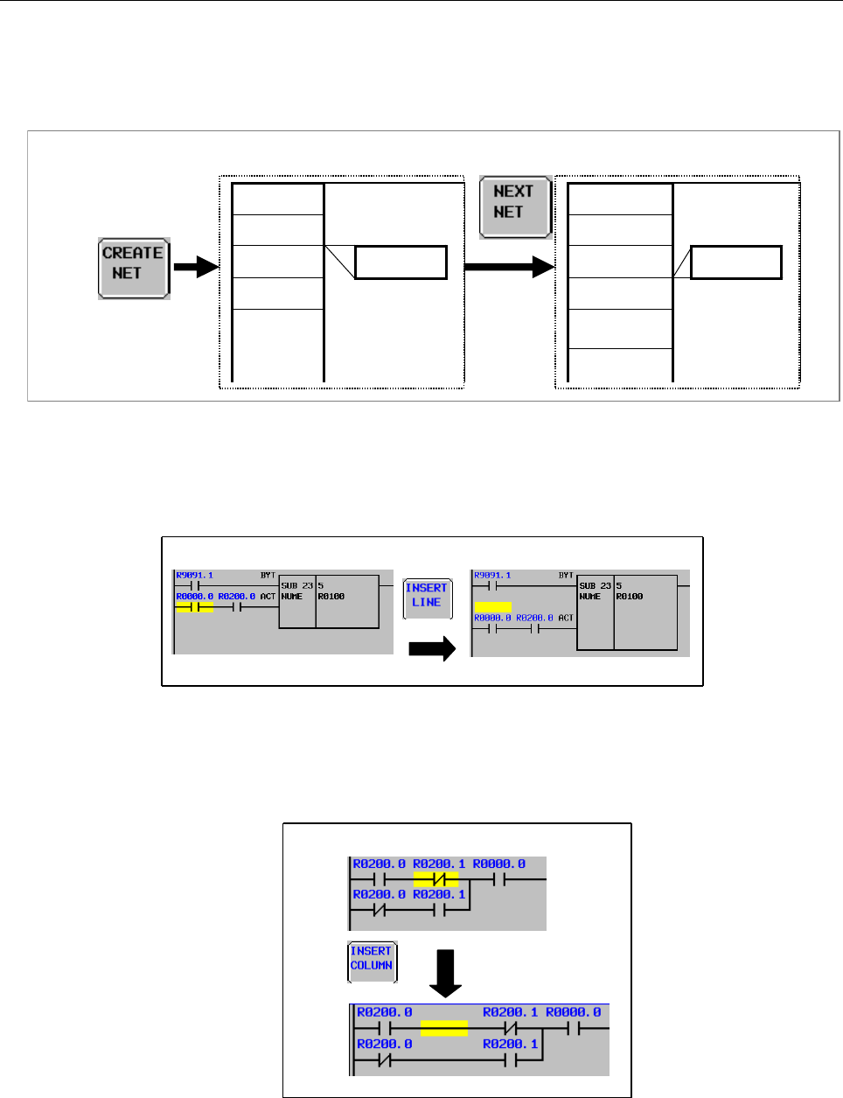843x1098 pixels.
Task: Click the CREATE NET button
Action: [133, 268]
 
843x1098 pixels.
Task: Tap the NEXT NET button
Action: [514, 206]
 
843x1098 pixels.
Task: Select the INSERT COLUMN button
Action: [372, 960]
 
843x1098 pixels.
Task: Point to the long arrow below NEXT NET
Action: [509, 266]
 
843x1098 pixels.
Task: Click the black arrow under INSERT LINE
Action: [432, 648]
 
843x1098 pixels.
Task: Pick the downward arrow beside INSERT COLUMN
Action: [447, 973]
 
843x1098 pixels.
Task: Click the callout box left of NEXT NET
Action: [401, 262]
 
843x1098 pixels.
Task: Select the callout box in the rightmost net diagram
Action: [735, 262]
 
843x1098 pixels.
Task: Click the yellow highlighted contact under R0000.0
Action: [194, 606]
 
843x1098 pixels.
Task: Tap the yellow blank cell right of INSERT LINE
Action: [493, 606]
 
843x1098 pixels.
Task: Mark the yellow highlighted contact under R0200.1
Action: [435, 878]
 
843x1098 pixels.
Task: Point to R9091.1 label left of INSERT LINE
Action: [194, 576]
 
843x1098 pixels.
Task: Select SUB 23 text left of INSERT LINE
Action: [296, 585]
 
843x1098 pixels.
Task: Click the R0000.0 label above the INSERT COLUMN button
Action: [499, 864]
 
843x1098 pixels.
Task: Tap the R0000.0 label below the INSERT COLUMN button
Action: [573, 1012]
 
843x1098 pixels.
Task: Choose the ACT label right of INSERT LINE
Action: [566, 618]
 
